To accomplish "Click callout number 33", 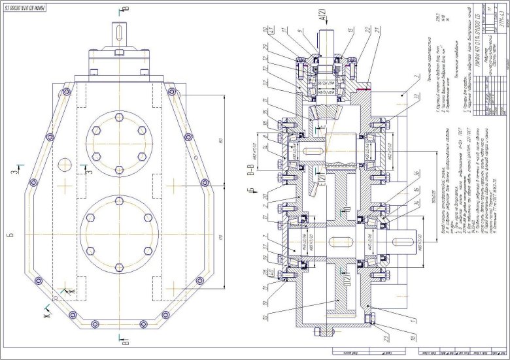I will [396, 98].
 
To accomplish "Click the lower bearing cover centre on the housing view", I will [119, 233].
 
